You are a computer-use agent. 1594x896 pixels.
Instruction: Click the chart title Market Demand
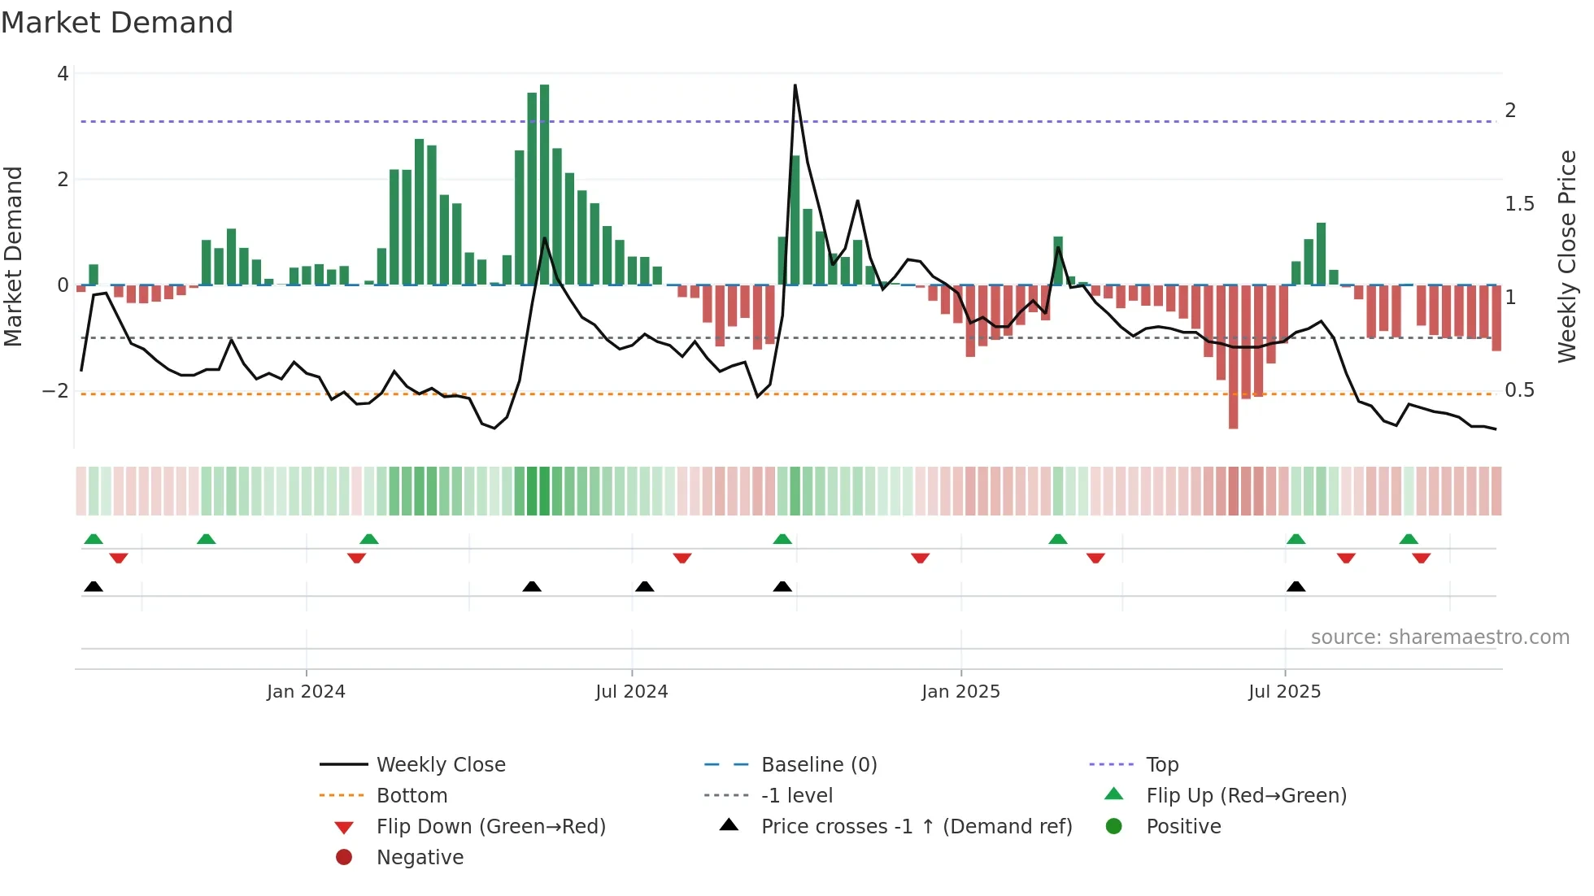pyautogui.click(x=117, y=23)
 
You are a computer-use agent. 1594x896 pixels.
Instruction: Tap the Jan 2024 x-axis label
pyautogui.click(x=306, y=692)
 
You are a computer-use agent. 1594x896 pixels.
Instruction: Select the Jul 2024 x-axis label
pyautogui.click(x=631, y=692)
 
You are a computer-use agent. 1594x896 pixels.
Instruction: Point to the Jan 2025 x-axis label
pyautogui.click(x=960, y=692)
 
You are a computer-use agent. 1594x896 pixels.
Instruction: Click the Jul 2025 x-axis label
pyautogui.click(x=1284, y=692)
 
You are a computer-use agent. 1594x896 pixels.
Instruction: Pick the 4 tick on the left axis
pyautogui.click(x=63, y=74)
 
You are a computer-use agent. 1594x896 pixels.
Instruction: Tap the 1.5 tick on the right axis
pyautogui.click(x=1519, y=204)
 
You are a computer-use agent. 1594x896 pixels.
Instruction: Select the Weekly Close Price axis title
pyautogui.click(x=1566, y=256)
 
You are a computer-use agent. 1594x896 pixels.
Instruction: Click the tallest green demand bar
pyautogui.click(x=544, y=185)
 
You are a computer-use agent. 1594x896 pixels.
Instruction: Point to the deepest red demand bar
pyautogui.click(x=1233, y=358)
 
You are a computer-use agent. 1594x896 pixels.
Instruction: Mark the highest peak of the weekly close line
pyautogui.click(x=795, y=85)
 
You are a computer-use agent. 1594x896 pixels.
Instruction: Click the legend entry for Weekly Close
pyautogui.click(x=440, y=765)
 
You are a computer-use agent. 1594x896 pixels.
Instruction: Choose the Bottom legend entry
pyautogui.click(x=412, y=796)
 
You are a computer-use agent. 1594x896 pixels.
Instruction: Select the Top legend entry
pyautogui.click(x=1161, y=765)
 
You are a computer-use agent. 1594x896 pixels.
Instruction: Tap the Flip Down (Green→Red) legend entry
pyautogui.click(x=490, y=827)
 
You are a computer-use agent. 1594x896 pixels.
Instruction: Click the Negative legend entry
pyautogui.click(x=420, y=858)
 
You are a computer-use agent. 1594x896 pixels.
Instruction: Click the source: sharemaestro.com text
pyautogui.click(x=1439, y=637)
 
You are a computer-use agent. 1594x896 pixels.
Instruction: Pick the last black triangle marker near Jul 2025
pyautogui.click(x=1296, y=587)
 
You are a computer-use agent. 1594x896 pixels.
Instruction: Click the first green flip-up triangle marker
pyautogui.click(x=94, y=539)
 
